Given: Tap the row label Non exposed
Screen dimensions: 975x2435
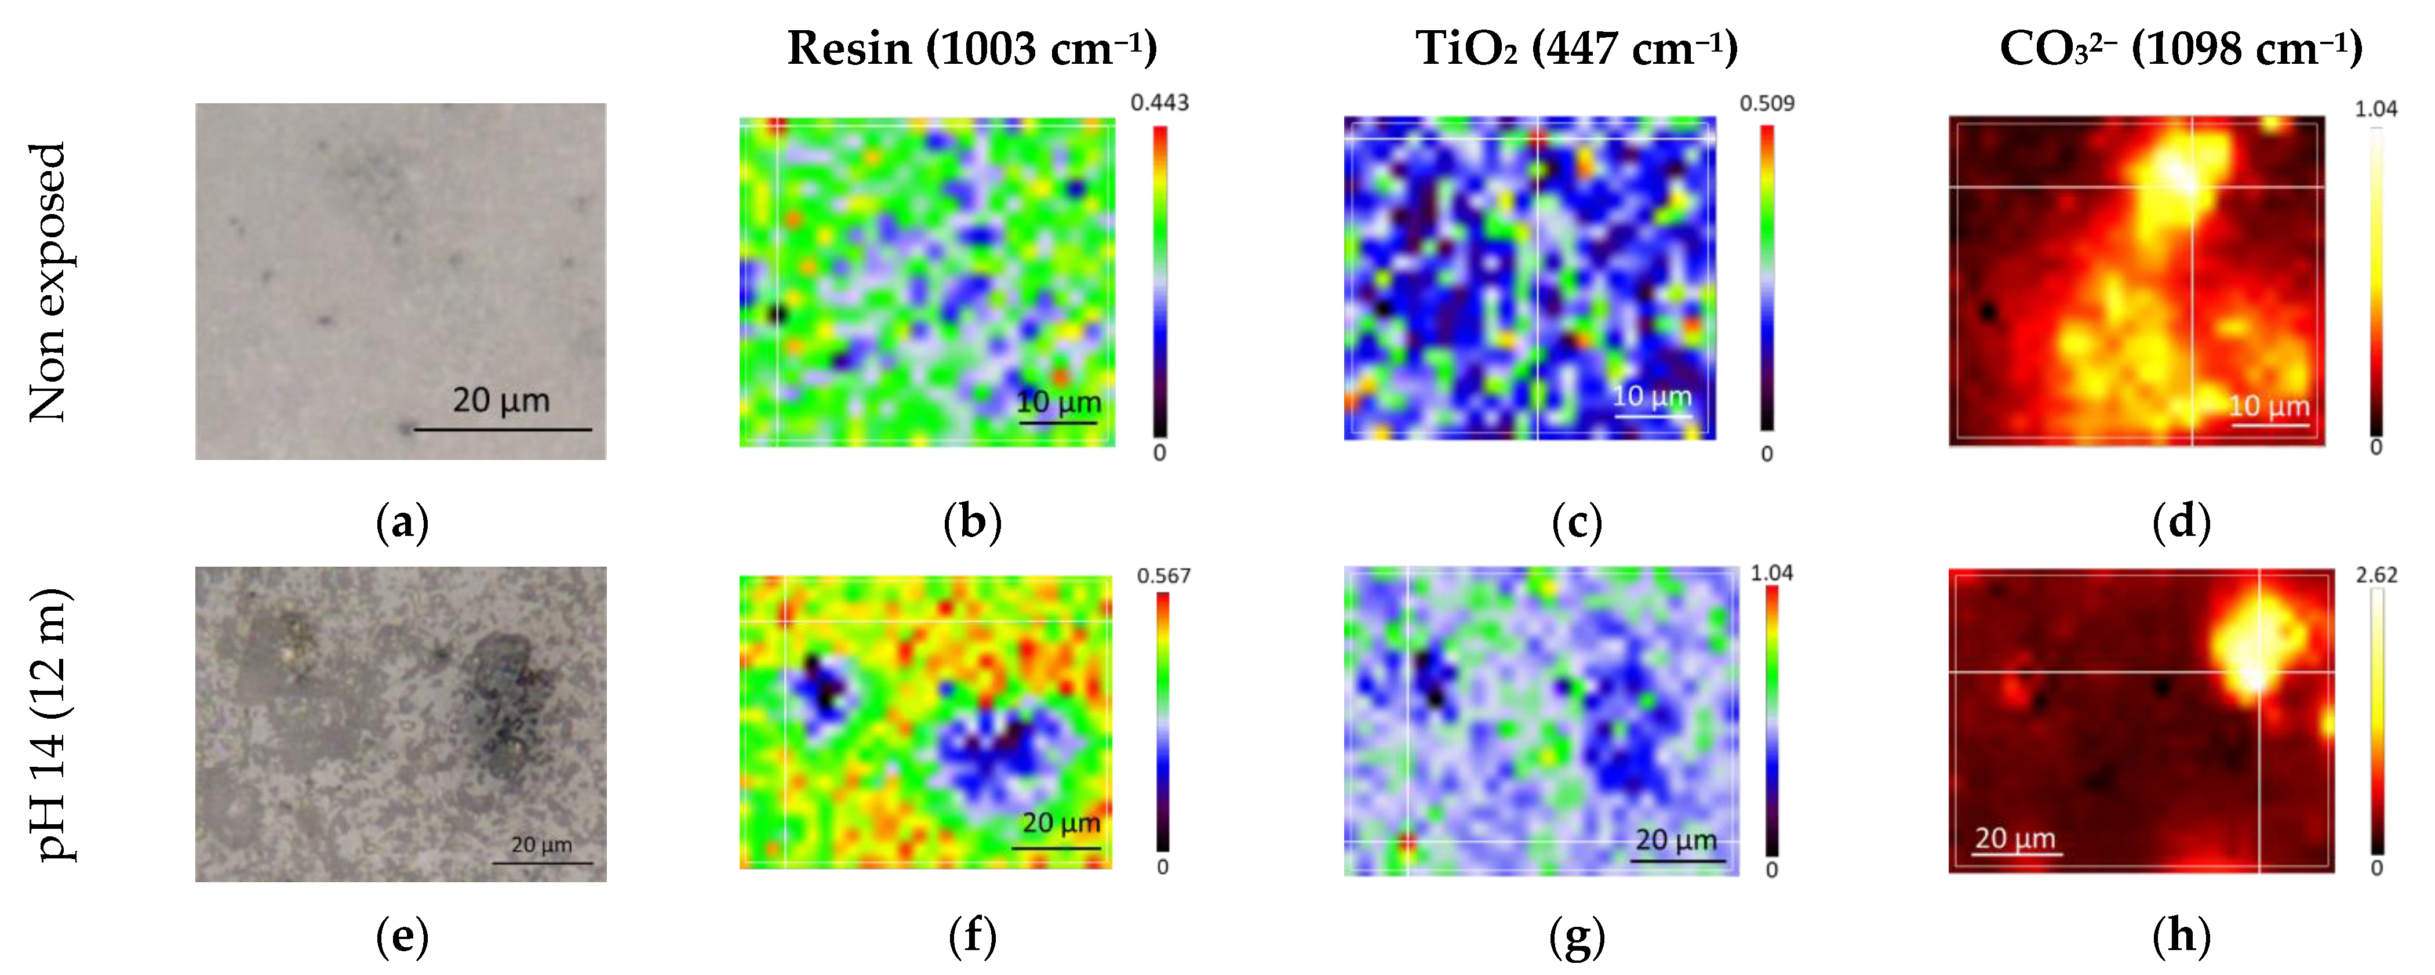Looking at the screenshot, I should click(x=48, y=282).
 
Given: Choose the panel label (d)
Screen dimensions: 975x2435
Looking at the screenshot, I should click(x=2181, y=522).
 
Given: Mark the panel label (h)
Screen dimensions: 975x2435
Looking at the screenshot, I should click(x=2181, y=936).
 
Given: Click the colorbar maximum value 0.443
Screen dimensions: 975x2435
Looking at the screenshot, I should click(x=1159, y=102).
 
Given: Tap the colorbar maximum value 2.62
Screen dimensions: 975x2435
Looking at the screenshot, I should click(x=2375, y=575).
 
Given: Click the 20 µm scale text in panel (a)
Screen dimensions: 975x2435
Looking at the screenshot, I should click(x=501, y=400).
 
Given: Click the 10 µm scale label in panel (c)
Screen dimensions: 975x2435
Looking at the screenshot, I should click(x=1651, y=396).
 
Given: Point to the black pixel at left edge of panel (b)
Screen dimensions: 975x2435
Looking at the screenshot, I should click(x=777, y=313).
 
